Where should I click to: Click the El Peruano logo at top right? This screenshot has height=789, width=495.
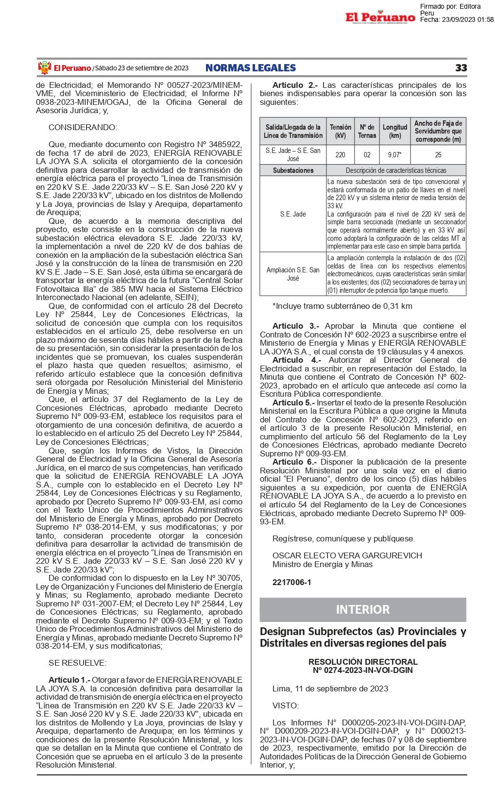[380, 18]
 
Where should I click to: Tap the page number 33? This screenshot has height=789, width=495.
[461, 68]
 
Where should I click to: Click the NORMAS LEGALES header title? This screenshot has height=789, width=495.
[250, 68]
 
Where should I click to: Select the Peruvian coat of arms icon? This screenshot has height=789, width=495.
[44, 68]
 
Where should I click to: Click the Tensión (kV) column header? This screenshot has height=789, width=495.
[340, 131]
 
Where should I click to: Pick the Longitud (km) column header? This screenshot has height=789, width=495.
[394, 131]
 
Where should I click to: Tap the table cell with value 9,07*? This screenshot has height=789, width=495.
[394, 155]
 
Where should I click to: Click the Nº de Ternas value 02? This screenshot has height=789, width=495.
[367, 155]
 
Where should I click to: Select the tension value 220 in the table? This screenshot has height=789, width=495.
[340, 155]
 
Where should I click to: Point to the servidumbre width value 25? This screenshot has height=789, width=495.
[438, 155]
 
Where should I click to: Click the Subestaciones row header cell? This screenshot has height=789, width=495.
[293, 170]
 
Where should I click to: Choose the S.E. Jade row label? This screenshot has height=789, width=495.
[293, 214]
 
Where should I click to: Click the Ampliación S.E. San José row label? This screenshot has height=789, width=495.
[293, 274]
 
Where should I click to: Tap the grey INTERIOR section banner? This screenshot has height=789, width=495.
[362, 609]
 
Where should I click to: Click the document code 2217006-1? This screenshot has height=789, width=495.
[291, 582]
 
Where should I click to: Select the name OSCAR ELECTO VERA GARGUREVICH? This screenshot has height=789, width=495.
[347, 555]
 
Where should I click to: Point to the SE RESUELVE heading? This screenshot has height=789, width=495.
[77, 663]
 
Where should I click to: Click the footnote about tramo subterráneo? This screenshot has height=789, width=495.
[342, 306]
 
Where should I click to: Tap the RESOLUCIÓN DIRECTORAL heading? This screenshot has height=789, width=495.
[362, 662]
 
